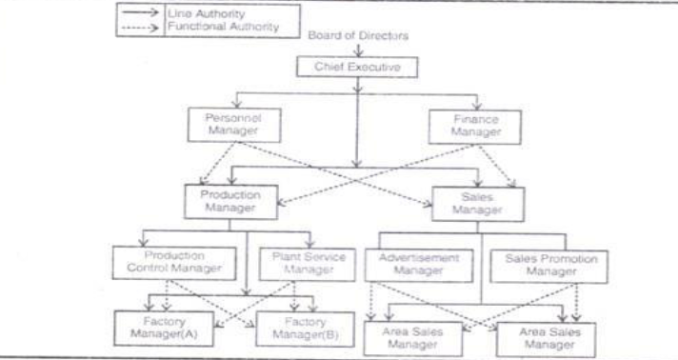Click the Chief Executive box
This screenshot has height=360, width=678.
coord(358,67)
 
